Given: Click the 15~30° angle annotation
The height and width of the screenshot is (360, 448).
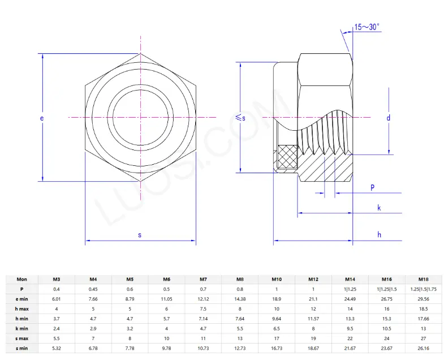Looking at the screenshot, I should coord(367,27).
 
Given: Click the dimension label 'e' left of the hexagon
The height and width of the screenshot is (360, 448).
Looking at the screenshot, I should coord(41,118).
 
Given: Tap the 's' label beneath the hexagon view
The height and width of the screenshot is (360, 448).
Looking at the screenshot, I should coord(140,234).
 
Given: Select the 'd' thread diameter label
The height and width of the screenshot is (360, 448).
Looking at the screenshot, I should coord(389,118).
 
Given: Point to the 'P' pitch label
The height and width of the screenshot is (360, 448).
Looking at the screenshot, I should coord(372,187).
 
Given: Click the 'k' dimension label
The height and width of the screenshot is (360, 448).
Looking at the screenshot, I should coord(379,208).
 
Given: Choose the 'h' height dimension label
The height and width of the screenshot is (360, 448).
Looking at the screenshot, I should coord(380,234).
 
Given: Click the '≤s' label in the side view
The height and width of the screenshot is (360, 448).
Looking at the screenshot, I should coord(240,118).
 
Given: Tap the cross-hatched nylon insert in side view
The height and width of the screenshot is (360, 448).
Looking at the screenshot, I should coord(287,157).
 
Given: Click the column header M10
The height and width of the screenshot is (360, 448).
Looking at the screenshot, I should coord(277,279).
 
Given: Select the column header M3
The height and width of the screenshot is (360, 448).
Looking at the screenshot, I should coord(57,279).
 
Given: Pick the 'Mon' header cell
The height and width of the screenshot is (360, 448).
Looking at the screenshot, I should coord(21,279).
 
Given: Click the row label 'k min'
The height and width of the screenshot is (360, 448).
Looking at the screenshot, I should coord(21,328).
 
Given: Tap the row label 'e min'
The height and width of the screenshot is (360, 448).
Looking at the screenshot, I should coord(21,298).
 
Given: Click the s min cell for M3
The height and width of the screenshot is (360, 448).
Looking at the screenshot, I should coord(57,348).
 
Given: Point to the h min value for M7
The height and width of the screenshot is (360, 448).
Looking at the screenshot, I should coord(203,319).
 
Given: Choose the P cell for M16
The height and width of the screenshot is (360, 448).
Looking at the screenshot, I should coord(386,289).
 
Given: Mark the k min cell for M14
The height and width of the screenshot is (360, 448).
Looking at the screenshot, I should coord(350,328).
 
